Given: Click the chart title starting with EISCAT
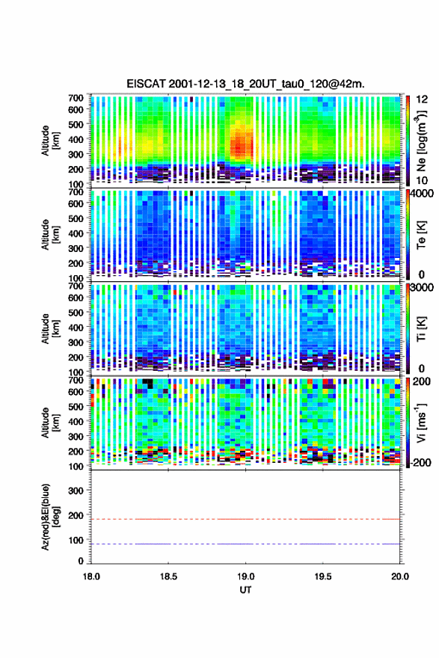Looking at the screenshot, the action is click(x=245, y=84).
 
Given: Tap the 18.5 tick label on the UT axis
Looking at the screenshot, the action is click(x=168, y=576).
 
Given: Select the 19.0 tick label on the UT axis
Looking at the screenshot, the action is click(x=245, y=576).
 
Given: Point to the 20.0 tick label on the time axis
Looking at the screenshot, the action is click(x=400, y=576).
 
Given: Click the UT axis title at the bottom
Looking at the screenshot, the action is click(x=245, y=590).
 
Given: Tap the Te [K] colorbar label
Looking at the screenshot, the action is click(x=421, y=235).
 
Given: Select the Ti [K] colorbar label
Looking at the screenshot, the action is click(x=421, y=328).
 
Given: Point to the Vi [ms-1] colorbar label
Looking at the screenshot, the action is click(x=421, y=422).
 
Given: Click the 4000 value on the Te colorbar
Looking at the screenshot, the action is click(x=422, y=194).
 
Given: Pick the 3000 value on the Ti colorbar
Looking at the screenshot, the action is click(x=422, y=288).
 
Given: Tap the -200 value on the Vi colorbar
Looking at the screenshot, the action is click(x=419, y=462).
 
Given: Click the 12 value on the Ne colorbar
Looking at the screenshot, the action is click(x=422, y=99).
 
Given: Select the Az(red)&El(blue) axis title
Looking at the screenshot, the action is click(x=50, y=517).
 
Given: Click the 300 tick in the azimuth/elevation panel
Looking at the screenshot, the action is click(x=76, y=491).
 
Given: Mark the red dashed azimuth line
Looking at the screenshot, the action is click(x=245, y=519).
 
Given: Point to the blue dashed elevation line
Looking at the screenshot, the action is click(x=245, y=544).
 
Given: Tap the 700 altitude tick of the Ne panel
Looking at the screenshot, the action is click(x=76, y=98).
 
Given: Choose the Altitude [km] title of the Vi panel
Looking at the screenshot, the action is click(x=50, y=422).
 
